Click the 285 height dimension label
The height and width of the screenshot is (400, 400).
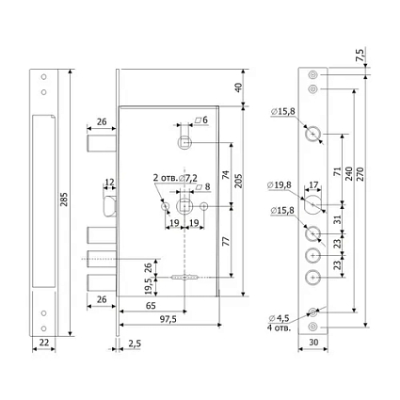coord(64,200)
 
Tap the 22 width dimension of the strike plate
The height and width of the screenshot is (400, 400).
coord(44,342)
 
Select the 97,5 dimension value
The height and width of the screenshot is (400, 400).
coord(168,319)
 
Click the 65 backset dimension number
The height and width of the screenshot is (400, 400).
coord(151,305)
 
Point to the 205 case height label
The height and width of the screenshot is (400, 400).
coord(239,181)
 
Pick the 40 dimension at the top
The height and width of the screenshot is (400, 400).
coord(239,88)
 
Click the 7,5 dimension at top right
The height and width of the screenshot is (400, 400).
coord(360,56)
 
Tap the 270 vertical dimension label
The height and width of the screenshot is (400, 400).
coord(360,174)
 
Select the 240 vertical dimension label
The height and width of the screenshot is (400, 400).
coord(349,173)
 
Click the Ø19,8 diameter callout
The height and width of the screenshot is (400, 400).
coord(280,185)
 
